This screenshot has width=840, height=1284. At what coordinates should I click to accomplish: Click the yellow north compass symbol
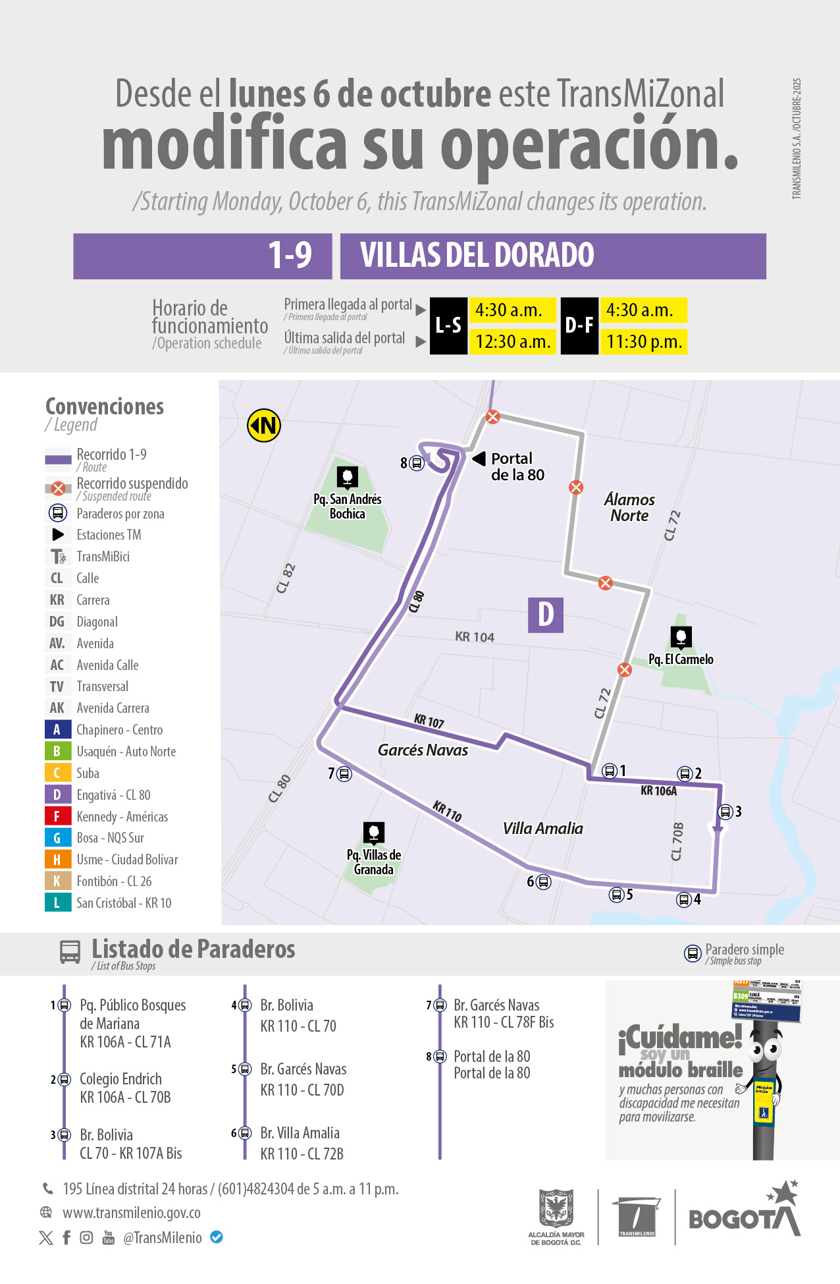(x=264, y=426)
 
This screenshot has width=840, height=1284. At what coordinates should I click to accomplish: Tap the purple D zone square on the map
(x=546, y=615)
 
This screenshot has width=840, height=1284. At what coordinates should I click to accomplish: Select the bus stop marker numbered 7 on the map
(x=344, y=774)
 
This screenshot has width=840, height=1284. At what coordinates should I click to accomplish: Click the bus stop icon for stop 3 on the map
(x=725, y=812)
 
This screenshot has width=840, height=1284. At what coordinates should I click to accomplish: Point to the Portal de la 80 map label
(x=517, y=466)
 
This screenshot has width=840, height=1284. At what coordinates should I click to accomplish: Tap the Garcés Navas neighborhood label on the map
(x=423, y=750)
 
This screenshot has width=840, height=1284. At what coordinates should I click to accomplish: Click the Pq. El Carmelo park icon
(x=681, y=636)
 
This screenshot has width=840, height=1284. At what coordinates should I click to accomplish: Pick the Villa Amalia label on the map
(x=543, y=828)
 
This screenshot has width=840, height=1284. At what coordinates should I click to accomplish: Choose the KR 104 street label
(x=475, y=637)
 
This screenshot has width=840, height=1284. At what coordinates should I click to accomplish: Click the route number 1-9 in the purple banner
(x=290, y=256)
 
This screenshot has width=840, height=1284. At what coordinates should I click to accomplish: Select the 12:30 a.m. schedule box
(x=513, y=342)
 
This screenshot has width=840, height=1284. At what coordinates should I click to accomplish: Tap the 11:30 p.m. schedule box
(x=644, y=342)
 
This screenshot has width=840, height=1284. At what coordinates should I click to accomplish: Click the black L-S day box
(x=448, y=325)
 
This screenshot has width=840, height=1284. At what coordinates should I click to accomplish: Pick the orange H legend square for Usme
(x=57, y=860)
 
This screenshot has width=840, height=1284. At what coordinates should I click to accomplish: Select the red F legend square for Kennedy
(x=57, y=816)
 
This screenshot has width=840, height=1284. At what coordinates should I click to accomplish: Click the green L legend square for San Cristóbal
(x=57, y=903)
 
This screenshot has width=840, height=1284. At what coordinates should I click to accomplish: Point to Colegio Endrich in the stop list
(x=120, y=1079)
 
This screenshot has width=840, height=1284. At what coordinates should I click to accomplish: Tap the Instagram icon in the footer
(x=86, y=1237)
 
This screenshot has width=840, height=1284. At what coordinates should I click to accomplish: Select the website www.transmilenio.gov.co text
(x=132, y=1213)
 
